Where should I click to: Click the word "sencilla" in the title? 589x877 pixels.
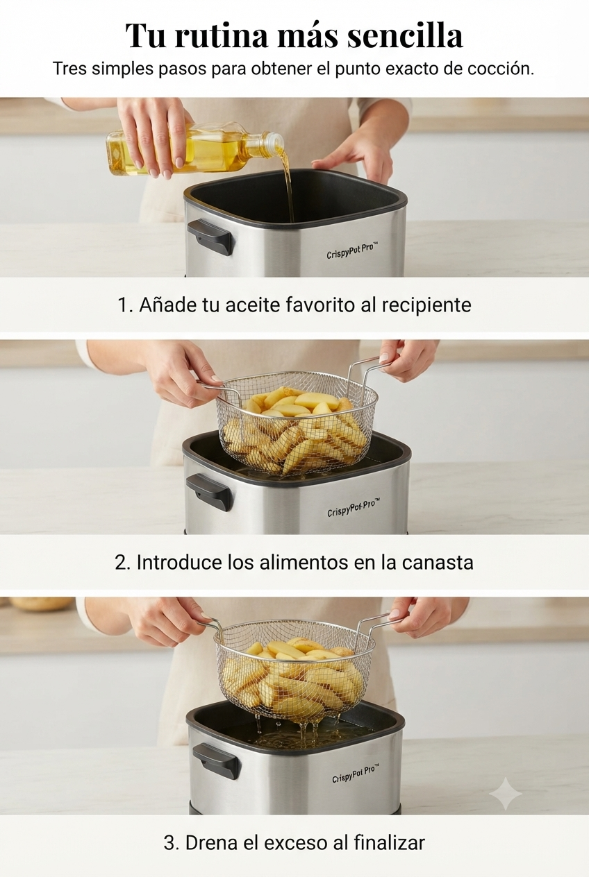click(x=405, y=36)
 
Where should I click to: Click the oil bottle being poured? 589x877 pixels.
click(x=194, y=153)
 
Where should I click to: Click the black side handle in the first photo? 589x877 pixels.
click(x=210, y=236)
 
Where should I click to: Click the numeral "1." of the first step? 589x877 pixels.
click(x=126, y=305)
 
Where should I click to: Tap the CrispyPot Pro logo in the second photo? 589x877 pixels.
click(x=354, y=507)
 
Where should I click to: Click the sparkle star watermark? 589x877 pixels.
click(x=506, y=790)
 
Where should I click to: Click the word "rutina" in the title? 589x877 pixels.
click(x=225, y=36)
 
